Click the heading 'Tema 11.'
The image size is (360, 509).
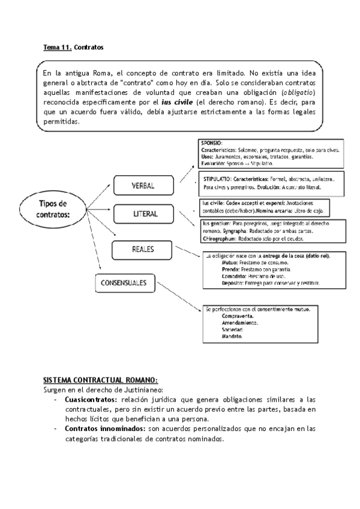57,46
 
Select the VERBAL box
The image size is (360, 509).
143,186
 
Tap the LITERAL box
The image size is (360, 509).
145,214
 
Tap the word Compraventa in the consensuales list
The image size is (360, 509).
237,316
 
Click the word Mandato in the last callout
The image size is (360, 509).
232,337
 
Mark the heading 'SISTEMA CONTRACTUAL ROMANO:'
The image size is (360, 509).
100,381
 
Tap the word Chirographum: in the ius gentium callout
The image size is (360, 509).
220,238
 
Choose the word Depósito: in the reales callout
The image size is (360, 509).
235,282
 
